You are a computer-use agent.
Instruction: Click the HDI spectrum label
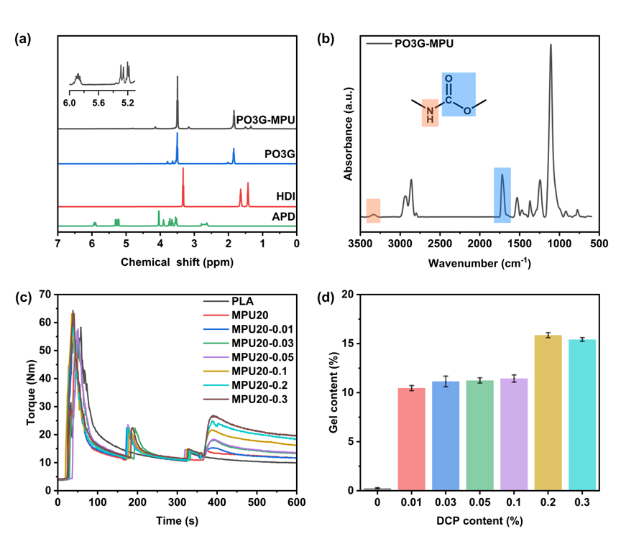tap(286, 195)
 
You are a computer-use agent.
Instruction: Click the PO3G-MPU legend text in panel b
tap(424, 43)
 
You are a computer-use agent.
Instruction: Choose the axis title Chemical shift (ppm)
tap(176, 262)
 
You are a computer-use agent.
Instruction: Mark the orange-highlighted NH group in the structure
tap(430, 113)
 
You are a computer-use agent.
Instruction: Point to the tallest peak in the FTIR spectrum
tap(551, 46)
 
